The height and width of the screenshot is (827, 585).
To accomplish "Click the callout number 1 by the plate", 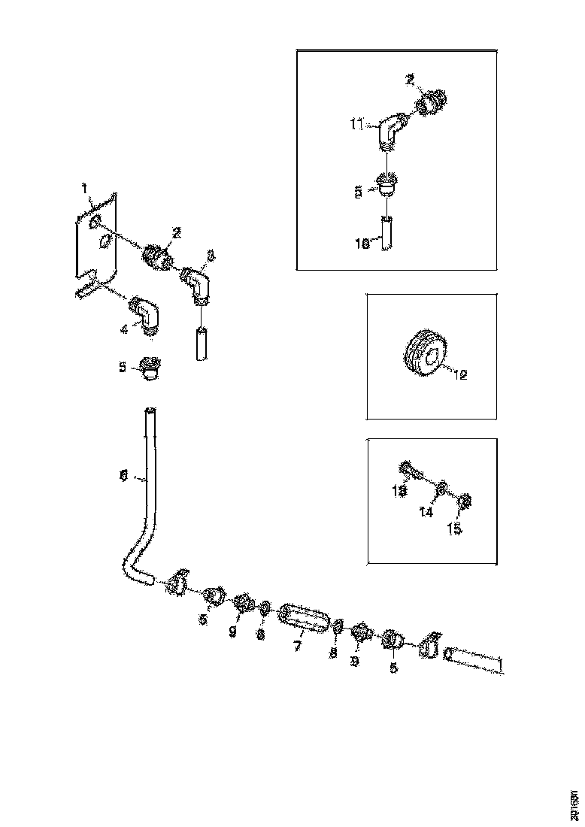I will pos(85,185).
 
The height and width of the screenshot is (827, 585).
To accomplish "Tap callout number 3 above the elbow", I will pos(210,256).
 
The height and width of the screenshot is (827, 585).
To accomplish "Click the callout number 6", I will pos(123,476).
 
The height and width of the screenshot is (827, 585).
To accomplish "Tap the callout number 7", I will pos(298,645).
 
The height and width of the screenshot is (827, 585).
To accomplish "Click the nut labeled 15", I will pos(465,501).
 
